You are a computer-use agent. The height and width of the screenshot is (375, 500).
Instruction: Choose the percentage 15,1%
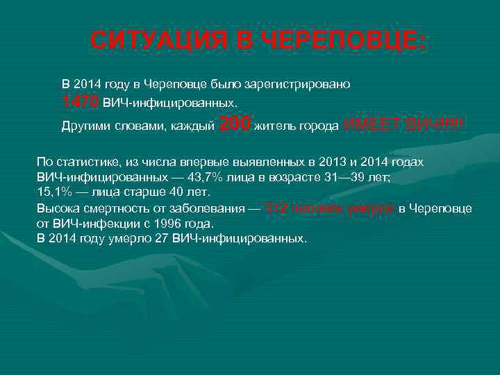tap(53, 192)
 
